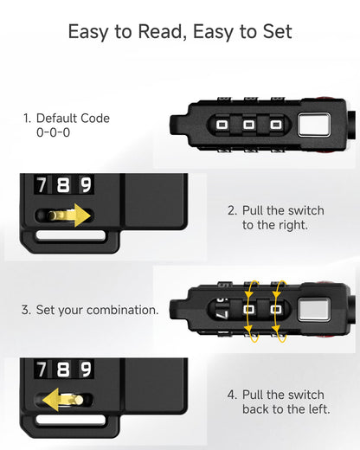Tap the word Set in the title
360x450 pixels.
point(277,31)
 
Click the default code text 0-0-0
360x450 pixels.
point(53,132)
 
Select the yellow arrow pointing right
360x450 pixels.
point(69,215)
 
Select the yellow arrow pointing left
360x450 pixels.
point(62,400)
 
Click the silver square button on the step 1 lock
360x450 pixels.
point(314,125)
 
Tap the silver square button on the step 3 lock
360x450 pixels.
point(314,310)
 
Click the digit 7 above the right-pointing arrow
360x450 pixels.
point(42,184)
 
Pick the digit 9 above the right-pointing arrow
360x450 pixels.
point(86,184)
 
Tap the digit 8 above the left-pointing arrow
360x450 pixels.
point(63,369)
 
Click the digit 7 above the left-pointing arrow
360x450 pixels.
point(42,369)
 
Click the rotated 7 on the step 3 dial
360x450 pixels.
point(222,314)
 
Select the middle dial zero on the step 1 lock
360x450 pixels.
point(248,125)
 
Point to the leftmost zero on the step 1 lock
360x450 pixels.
point(222,125)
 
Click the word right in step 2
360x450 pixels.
point(291,226)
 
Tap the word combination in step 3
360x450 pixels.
point(123,310)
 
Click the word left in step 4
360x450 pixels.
point(318,409)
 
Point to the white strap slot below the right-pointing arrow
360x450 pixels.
point(70,235)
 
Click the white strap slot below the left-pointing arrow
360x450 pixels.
point(70,420)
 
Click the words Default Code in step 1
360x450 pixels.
point(73,119)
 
